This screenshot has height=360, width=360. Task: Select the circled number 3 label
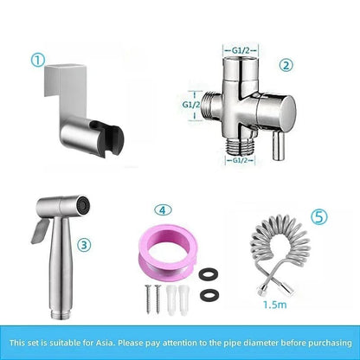click(83, 245)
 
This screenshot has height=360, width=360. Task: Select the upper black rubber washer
click(207, 275)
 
